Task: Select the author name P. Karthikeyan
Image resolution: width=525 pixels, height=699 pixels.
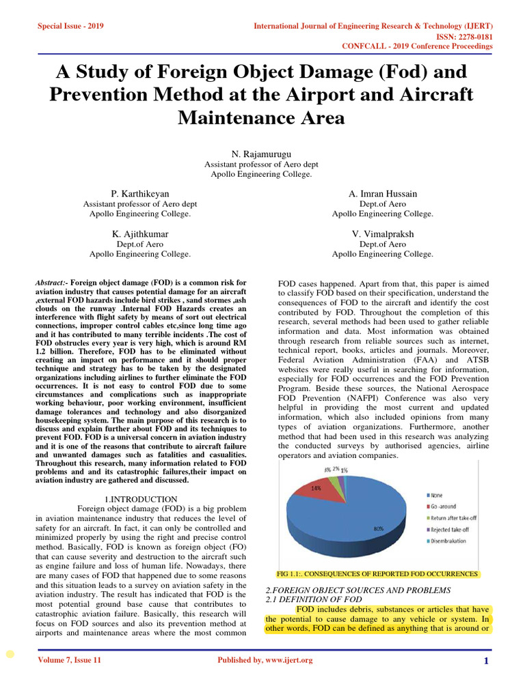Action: point(140,194)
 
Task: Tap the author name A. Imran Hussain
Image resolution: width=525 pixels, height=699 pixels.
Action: point(382,194)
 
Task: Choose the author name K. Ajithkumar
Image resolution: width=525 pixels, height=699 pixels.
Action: point(140,234)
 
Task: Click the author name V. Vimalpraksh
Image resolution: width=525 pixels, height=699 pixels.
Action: point(382,234)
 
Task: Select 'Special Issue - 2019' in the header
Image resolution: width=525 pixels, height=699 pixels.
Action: point(69,27)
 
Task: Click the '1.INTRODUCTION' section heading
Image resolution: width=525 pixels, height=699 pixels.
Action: point(141,500)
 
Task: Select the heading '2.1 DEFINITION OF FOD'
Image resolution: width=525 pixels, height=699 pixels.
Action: point(304,599)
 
